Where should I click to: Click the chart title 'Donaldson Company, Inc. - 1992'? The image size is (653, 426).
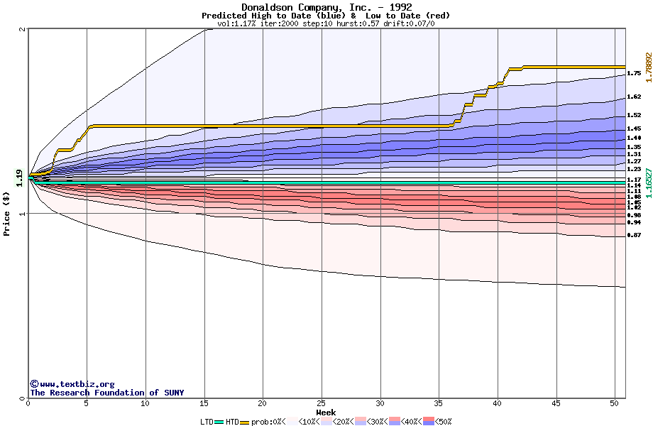326,7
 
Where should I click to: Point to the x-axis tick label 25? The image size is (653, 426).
322,403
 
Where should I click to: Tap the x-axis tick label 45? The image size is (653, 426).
556,403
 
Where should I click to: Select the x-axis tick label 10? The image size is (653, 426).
146,403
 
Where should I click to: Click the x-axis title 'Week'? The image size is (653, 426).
326,412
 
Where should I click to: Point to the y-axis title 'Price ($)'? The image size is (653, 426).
7,213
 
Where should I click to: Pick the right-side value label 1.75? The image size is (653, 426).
634,73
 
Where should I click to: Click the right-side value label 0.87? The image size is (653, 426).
634,235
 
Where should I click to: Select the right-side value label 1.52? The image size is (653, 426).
634,115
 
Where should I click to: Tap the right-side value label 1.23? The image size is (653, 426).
634,169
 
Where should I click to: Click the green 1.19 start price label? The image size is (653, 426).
19,178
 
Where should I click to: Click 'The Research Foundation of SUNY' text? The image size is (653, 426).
106,393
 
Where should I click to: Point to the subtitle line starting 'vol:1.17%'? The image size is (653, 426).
326,23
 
